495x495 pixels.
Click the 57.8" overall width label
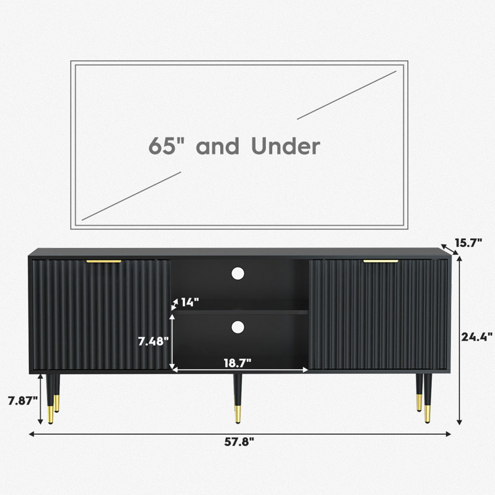click(x=239, y=442)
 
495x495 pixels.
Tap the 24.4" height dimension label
click(x=476, y=337)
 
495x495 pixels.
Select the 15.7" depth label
click(x=468, y=243)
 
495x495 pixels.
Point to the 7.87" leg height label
click(x=23, y=401)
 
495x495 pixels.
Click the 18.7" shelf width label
click(x=238, y=363)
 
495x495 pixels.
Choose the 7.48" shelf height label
click(x=153, y=341)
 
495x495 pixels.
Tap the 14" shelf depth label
click(x=190, y=302)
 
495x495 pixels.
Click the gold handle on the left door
click(x=104, y=261)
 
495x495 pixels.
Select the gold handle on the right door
click(x=381, y=261)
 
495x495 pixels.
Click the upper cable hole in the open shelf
click(x=238, y=273)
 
